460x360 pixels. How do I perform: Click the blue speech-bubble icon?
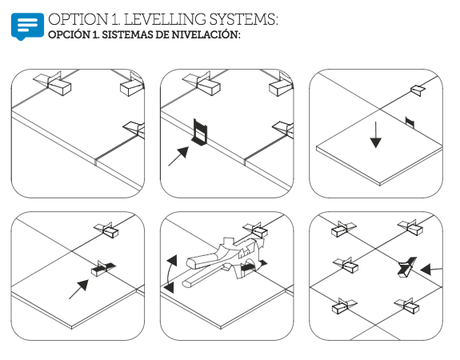click(27, 26)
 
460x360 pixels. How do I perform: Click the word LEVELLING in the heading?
click(164, 19)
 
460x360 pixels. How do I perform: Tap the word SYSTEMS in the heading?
click(243, 19)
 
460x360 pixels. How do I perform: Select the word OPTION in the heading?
click(78, 19)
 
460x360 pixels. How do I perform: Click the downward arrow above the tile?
click(375, 135)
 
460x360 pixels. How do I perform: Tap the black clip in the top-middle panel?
click(200, 132)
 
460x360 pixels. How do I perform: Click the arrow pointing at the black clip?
click(178, 156)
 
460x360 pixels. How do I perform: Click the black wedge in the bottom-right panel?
click(406, 266)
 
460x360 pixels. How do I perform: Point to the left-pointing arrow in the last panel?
click(431, 269)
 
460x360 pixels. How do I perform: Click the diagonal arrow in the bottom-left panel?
click(78, 290)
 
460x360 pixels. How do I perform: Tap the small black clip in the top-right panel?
click(410, 122)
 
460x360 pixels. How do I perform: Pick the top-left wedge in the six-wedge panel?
click(342, 229)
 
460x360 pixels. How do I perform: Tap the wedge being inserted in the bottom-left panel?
click(103, 268)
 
